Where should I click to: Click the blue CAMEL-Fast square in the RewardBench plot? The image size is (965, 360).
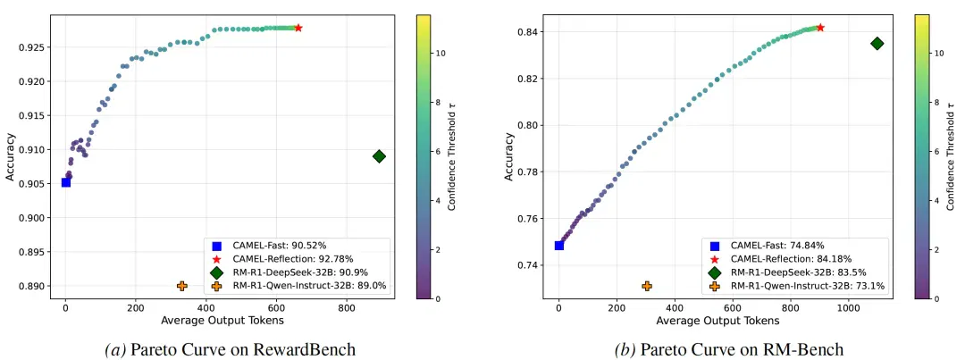[66, 182]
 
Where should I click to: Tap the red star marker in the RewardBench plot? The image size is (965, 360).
[298, 28]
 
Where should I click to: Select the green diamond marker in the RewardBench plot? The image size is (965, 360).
[379, 156]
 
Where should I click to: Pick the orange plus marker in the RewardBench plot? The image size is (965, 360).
[181, 286]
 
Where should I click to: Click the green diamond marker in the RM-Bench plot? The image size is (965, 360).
[877, 43]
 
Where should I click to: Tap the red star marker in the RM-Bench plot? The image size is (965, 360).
[819, 27]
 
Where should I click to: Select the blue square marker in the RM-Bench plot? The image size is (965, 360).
[558, 246]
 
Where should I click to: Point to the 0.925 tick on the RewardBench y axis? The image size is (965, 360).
[34, 46]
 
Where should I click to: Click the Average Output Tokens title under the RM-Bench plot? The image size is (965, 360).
[709, 321]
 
